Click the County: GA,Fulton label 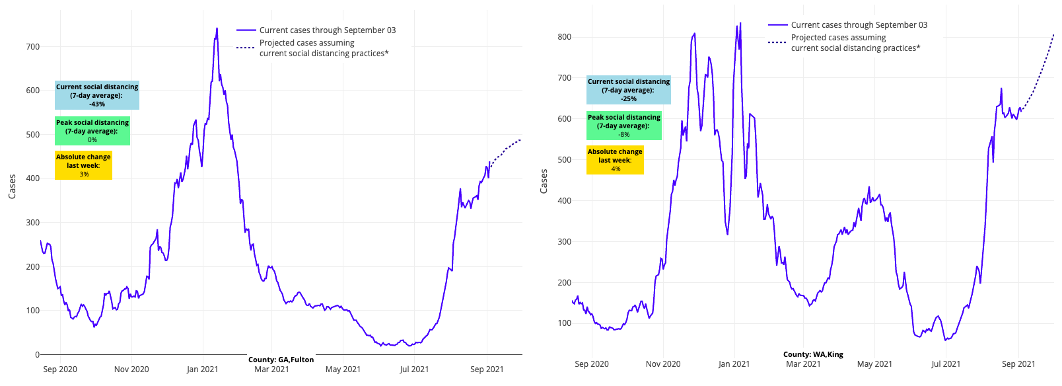281,360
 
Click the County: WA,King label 813,354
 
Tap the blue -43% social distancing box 97,95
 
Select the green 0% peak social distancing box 92,131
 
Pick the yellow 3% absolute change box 83,165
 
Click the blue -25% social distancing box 629,90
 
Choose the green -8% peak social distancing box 624,126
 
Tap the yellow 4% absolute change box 615,160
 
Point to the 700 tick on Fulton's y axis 32,47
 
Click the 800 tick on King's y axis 564,37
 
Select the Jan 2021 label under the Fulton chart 202,369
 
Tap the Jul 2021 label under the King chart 946,364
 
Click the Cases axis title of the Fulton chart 12,186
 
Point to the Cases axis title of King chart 544,181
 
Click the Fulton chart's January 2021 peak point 217,28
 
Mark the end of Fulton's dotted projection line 520,139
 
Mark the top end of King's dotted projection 1053,34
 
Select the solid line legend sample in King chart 777,25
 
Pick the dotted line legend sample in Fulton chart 246,48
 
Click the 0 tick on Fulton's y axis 37,355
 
